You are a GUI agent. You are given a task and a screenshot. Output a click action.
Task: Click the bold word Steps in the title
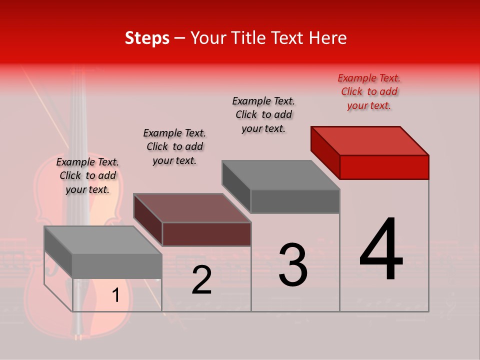(147, 38)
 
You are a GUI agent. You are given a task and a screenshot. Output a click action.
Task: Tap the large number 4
(381, 249)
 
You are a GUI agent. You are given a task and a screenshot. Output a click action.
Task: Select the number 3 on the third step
(292, 264)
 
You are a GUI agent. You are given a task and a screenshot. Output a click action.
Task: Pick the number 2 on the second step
(201, 280)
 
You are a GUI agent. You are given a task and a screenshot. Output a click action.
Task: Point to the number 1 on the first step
(115, 295)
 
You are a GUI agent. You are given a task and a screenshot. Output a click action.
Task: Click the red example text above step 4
(369, 91)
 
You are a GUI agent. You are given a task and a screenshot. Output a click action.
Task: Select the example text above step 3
(263, 114)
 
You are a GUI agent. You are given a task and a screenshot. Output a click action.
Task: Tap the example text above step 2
(174, 146)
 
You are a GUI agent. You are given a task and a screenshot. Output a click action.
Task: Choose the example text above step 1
(87, 175)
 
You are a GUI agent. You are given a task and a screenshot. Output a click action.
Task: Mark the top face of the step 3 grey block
(281, 175)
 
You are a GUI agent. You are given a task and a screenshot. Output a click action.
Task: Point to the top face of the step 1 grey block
(103, 240)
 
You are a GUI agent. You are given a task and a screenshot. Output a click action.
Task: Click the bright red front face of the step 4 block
(384, 167)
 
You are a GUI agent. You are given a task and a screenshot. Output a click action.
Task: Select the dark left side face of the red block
(325, 152)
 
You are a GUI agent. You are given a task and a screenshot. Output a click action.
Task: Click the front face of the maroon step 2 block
(206, 234)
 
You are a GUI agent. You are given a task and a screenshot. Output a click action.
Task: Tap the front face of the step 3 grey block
(295, 201)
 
